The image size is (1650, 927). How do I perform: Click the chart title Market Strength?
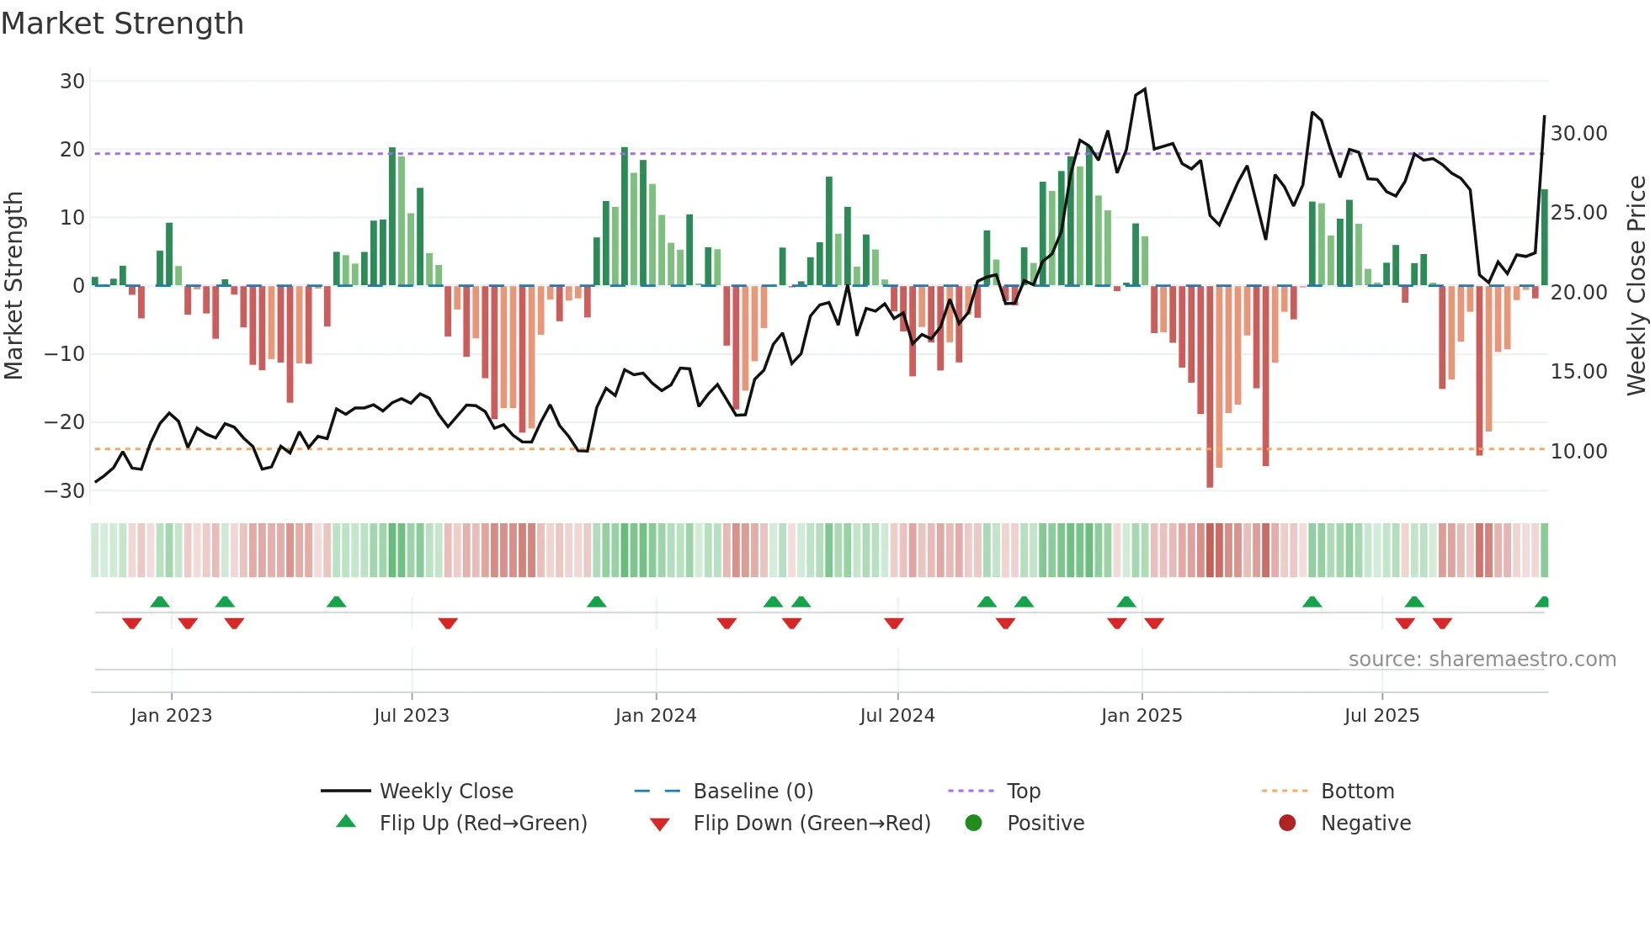pyautogui.click(x=122, y=24)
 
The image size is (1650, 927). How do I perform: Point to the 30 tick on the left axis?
pyautogui.click(x=72, y=82)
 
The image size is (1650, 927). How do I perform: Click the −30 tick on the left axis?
pyautogui.click(x=66, y=491)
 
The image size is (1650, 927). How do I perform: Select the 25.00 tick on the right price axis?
pyautogui.click(x=1578, y=213)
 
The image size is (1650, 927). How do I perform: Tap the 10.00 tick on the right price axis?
pyautogui.click(x=1578, y=452)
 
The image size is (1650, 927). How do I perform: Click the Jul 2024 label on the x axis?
pyautogui.click(x=897, y=716)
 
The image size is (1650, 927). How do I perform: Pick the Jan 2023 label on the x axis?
pyautogui.click(x=171, y=716)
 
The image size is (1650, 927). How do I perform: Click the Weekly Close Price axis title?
pyautogui.click(x=1636, y=286)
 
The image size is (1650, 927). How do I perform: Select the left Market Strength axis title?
pyautogui.click(x=13, y=286)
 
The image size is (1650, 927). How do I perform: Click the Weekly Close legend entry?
pyautogui.click(x=445, y=792)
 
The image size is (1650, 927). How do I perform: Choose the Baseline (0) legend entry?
pyautogui.click(x=753, y=792)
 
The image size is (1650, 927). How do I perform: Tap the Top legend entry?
pyautogui.click(x=1023, y=792)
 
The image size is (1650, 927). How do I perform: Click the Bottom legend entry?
pyautogui.click(x=1357, y=792)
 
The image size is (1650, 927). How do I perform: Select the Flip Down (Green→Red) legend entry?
pyautogui.click(x=811, y=824)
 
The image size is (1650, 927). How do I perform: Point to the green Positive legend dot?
pyautogui.click(x=973, y=824)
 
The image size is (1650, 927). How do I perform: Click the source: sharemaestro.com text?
pyautogui.click(x=1482, y=659)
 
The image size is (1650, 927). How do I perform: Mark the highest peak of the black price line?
pyautogui.click(x=1144, y=89)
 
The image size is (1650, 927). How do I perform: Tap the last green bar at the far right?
pyautogui.click(x=1544, y=237)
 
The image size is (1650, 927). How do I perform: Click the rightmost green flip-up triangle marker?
pyautogui.click(x=1542, y=602)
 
